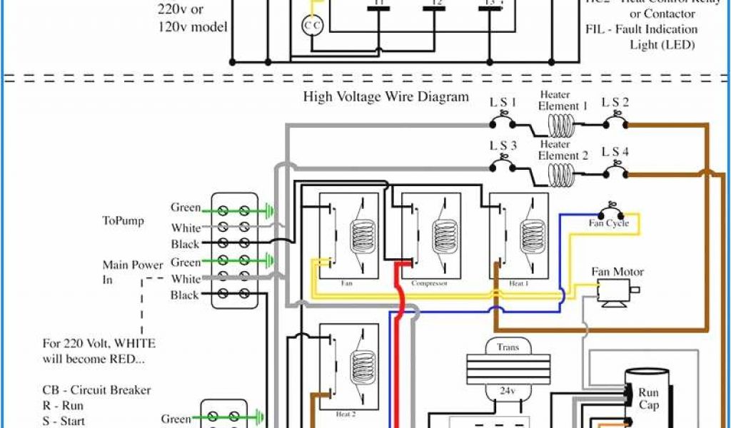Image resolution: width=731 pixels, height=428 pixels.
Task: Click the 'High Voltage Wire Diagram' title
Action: coord(386,96)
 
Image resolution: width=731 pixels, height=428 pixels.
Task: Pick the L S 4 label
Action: coord(615,151)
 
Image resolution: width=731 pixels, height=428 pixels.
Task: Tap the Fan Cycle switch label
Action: coord(608,223)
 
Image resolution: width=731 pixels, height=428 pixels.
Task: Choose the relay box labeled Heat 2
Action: coord(348,371)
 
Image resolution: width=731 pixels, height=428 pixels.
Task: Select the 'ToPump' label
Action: coord(123,221)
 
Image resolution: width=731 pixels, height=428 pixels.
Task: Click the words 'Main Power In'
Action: coord(133,272)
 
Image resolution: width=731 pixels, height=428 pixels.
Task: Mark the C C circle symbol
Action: coord(313,26)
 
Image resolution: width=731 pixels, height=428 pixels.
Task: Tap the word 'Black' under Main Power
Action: coord(185,295)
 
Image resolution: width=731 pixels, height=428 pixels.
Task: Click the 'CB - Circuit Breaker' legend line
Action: coord(96,391)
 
